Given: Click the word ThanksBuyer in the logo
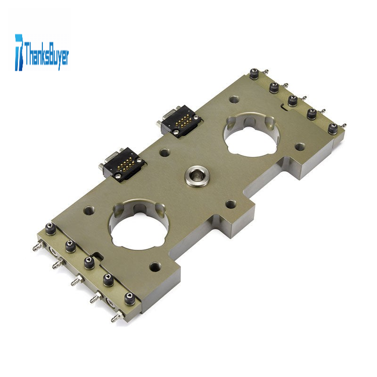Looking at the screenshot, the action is [46, 55].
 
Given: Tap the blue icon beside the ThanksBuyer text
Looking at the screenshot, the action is [19, 52].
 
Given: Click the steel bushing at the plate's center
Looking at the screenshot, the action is [197, 177].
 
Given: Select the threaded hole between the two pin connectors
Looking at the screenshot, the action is [164, 152].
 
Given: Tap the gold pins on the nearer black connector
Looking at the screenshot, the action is [124, 165].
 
